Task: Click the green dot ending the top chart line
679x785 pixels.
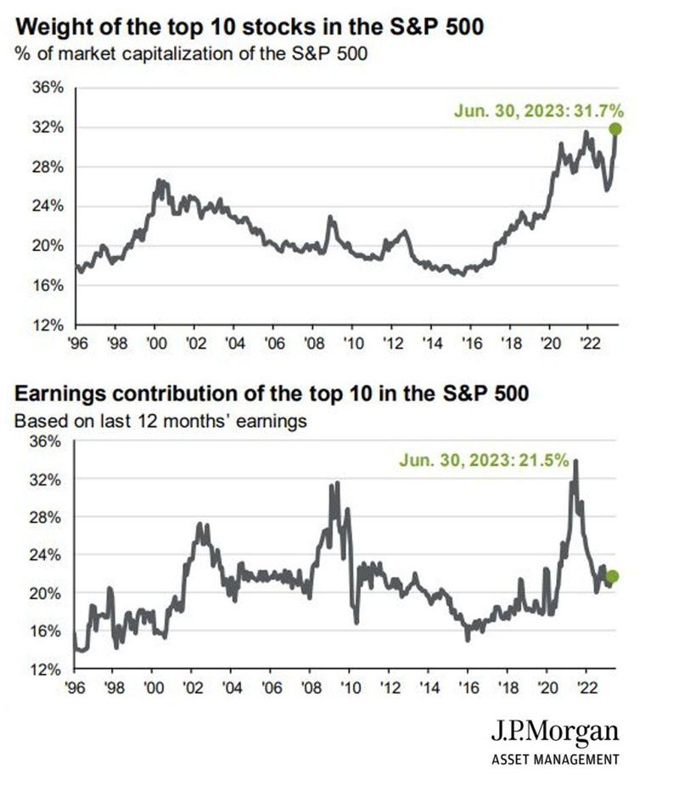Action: pos(615,129)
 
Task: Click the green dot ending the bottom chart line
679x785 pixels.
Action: pos(613,576)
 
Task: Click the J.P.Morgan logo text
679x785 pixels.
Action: pos(554,732)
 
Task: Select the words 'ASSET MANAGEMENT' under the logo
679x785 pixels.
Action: pos(555,758)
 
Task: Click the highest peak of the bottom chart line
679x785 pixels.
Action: pos(576,461)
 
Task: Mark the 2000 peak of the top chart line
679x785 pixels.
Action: pos(159,181)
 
